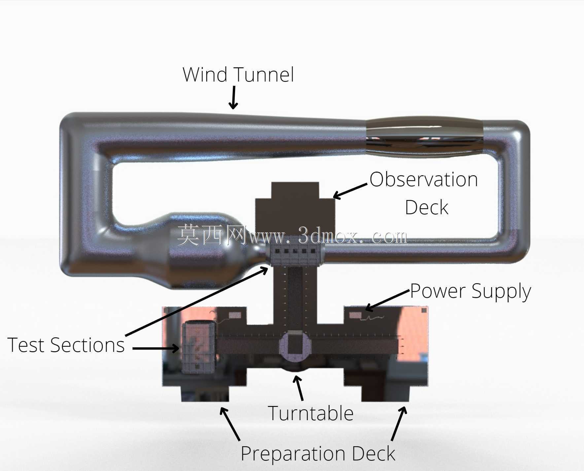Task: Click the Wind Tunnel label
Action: pos(238,75)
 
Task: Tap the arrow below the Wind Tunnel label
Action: pos(233,98)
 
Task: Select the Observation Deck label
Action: pos(424,193)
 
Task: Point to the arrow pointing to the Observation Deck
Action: pos(350,191)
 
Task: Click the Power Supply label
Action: pos(470,291)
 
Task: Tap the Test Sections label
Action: pos(66,345)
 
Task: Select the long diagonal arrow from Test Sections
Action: pos(197,301)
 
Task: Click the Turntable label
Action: pos(311,413)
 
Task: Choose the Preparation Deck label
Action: pos(318,454)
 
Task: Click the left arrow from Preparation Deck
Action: pos(230,424)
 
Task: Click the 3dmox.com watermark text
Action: pos(292,235)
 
